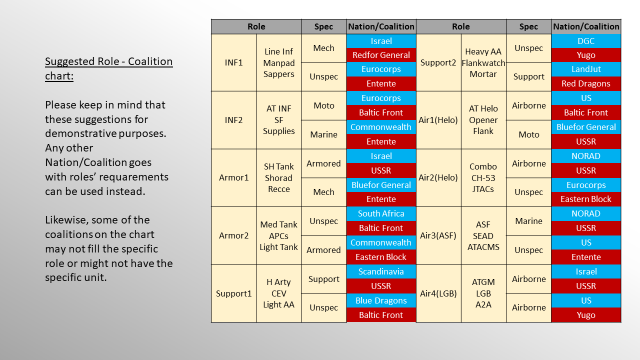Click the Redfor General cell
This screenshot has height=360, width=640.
pos(381,55)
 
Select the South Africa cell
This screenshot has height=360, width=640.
pos(381,213)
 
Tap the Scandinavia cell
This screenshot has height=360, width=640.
pos(381,271)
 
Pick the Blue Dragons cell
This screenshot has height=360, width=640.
pos(381,300)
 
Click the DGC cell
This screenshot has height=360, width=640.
pos(586,41)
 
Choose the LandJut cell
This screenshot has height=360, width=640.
pos(586,69)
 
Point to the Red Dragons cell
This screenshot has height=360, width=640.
pos(586,83)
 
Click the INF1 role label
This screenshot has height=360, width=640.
pos(233,62)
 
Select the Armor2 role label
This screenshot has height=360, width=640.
pos(233,235)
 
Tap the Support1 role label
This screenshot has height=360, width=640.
pos(233,293)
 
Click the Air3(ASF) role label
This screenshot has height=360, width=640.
pos(438,235)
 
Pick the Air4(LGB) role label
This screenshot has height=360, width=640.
pos(438,293)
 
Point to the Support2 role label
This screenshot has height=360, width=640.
pos(438,62)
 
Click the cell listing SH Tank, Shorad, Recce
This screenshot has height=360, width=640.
pos(279,177)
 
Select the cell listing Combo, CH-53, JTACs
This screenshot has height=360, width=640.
pos(483,177)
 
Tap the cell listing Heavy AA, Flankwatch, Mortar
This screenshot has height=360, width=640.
pos(483,62)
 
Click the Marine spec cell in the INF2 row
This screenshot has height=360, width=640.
pos(323,134)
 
